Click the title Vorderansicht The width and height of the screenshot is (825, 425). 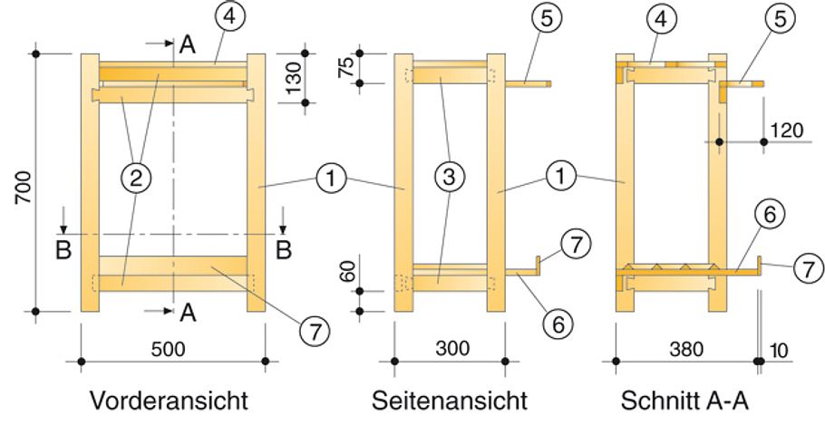point(169,400)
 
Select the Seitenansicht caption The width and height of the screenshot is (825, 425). point(449,400)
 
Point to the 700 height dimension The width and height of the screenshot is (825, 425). point(21,185)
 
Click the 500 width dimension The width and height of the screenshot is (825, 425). point(172,347)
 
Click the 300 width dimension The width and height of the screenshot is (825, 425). point(449,347)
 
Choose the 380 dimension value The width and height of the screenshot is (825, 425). point(686,347)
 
